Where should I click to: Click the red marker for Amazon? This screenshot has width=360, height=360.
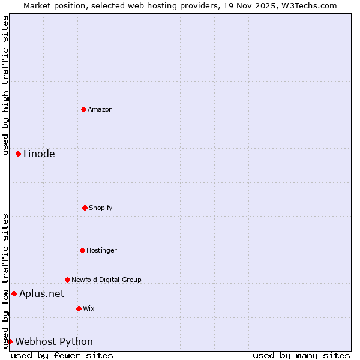coord(84,109)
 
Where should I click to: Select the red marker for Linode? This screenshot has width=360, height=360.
coord(19,154)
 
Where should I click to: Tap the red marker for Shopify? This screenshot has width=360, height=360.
coord(85,208)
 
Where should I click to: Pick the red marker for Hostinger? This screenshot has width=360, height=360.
coord(82,250)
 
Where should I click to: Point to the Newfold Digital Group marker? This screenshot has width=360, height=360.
coord(67,280)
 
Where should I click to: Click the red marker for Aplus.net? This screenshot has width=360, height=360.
coord(14,293)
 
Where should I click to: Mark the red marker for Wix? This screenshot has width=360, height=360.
coord(79,308)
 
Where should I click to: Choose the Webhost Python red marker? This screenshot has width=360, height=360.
coord(10,341)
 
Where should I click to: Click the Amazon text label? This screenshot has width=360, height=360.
coord(100,109)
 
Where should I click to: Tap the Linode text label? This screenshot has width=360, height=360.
coord(39,154)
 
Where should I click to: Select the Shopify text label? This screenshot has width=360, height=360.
coord(101,208)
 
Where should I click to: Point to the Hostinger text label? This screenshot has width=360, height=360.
coord(101,250)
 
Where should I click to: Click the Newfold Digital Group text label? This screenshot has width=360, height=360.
coord(106,280)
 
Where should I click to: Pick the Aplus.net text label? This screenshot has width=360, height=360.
coord(41,293)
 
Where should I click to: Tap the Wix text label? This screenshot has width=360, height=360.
coord(89,308)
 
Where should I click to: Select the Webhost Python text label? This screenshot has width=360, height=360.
coord(54,342)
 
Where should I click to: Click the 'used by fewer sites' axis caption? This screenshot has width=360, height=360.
coord(62,355)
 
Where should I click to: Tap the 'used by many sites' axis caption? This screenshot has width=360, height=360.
coord(301,355)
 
